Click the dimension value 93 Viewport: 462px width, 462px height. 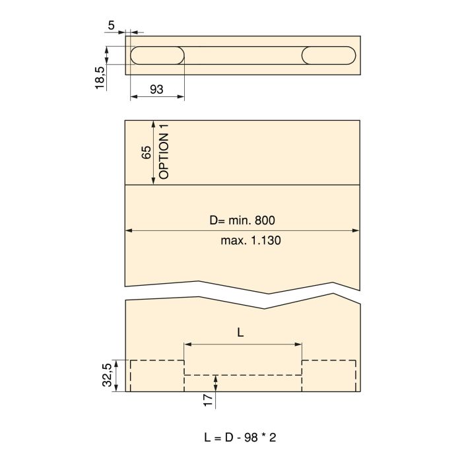[156, 90]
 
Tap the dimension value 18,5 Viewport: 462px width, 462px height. [100, 77]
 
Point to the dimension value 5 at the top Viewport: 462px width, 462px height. [111, 26]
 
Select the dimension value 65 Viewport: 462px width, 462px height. [147, 153]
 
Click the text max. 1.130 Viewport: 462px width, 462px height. [251, 241]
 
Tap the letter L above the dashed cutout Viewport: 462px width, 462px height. [240, 333]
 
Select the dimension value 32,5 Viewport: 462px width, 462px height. [107, 376]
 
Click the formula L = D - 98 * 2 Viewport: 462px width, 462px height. [241, 437]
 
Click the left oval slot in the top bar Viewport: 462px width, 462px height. [156, 55]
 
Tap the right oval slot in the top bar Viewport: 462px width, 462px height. [329, 55]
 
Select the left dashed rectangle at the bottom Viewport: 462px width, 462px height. [156, 376]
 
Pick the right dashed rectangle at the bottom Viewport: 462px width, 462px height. [329, 376]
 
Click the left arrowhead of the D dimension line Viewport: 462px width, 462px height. [128, 230]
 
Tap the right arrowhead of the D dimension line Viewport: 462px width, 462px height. [356, 230]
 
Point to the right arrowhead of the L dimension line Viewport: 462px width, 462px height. [299, 344]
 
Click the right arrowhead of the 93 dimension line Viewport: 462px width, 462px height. [181, 97]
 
